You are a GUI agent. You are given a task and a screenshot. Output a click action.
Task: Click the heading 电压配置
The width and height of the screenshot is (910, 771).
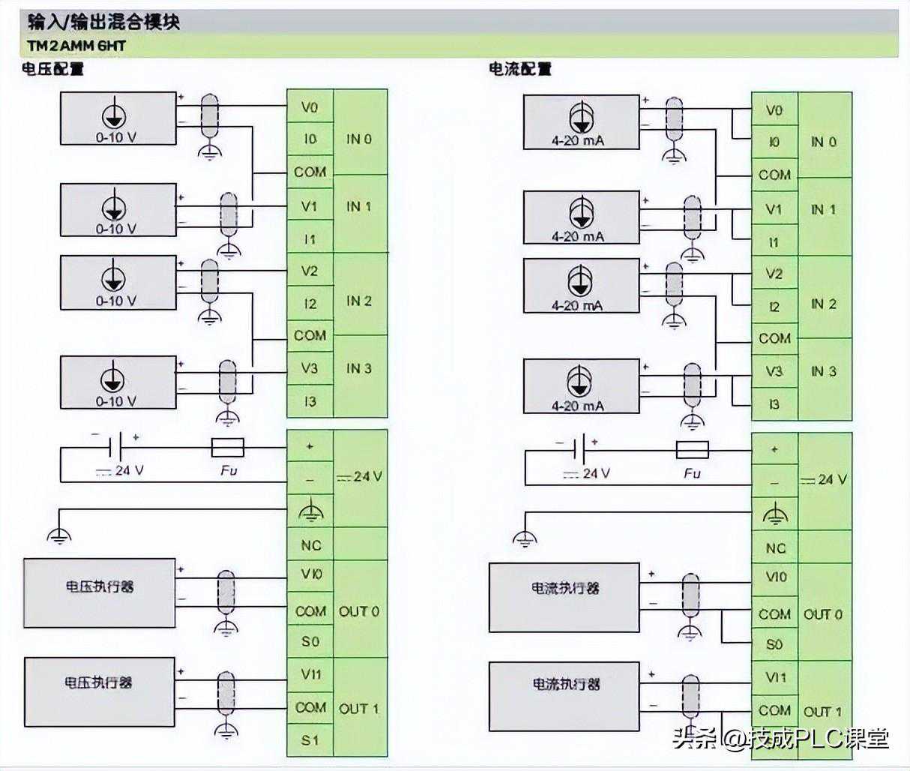tap(52, 70)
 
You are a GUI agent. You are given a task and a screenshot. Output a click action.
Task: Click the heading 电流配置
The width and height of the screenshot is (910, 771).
tap(520, 70)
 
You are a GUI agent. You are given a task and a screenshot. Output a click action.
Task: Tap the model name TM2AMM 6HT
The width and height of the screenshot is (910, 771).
tap(76, 46)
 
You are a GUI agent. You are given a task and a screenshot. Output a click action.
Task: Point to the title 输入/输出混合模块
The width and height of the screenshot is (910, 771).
tap(104, 21)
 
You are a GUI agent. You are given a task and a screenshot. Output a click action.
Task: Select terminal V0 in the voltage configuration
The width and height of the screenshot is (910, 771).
tap(310, 107)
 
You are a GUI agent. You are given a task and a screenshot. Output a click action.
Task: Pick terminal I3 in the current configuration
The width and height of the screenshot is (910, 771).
tap(774, 404)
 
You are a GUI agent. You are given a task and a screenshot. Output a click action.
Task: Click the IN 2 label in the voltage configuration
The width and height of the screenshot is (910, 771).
tap(359, 301)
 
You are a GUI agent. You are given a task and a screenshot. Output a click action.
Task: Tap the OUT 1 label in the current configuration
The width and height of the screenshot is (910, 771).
tap(823, 711)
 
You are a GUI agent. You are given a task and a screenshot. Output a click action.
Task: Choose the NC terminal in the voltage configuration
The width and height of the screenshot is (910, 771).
tap(310, 545)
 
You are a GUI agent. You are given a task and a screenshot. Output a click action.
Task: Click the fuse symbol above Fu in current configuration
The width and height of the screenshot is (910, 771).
tap(692, 450)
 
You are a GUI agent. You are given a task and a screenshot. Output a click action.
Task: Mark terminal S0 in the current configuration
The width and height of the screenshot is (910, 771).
tap(774, 644)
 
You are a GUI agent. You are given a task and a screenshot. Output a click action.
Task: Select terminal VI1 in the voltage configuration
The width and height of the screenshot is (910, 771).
tap(310, 674)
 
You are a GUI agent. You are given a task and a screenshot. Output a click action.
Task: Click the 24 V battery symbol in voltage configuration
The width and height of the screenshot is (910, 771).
tap(114, 448)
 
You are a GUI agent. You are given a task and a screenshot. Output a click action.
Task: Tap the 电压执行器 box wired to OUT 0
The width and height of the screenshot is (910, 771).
tap(100, 592)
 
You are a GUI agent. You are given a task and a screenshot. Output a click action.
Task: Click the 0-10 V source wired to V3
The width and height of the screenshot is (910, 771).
tap(118, 382)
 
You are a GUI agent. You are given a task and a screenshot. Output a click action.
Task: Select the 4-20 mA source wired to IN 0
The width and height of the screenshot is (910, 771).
tap(581, 121)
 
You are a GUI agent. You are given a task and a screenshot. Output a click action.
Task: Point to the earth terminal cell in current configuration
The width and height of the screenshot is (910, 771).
tap(775, 515)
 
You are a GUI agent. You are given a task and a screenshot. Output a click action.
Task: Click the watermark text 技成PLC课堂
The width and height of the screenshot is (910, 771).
tap(810, 739)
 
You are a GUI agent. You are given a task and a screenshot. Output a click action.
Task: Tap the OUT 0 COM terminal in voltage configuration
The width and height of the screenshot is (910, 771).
tap(310, 611)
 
